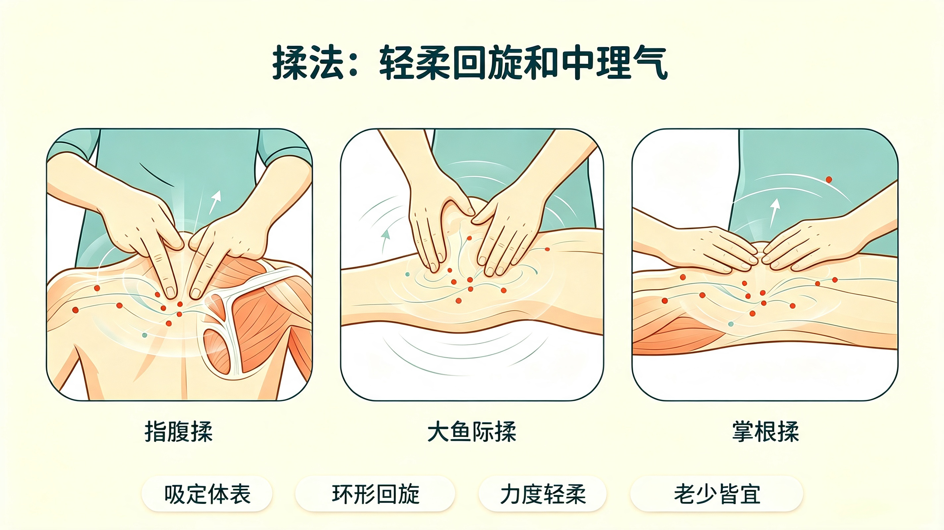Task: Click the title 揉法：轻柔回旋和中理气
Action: (x=470, y=63)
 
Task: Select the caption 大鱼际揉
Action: (x=472, y=432)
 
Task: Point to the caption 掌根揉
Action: (x=766, y=432)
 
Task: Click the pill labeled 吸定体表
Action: (x=207, y=494)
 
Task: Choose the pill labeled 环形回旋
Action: (x=375, y=494)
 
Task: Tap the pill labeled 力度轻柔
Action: (x=543, y=494)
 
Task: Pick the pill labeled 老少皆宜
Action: (x=717, y=494)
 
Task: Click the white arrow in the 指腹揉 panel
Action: (x=215, y=202)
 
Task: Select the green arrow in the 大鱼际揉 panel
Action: (x=384, y=241)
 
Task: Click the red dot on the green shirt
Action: (x=829, y=180)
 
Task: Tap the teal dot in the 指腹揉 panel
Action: (x=145, y=335)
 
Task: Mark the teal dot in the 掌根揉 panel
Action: (x=731, y=324)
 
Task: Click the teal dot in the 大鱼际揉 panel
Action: (x=407, y=274)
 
